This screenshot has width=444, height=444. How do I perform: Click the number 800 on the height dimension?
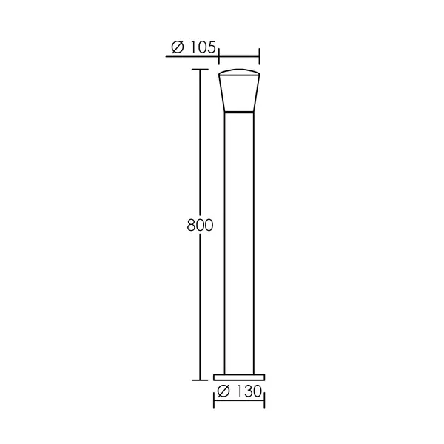click(x=200, y=226)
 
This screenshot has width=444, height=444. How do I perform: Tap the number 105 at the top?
click(x=203, y=47)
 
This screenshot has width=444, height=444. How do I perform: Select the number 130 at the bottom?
click(x=249, y=391)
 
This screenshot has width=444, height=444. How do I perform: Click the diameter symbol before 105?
click(x=178, y=47)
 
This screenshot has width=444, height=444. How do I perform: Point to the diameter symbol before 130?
click(x=223, y=391)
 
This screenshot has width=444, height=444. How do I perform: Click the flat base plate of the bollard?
click(x=239, y=377)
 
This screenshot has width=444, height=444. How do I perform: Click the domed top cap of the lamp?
click(x=239, y=72)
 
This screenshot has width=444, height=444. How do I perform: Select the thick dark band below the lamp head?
click(x=239, y=112)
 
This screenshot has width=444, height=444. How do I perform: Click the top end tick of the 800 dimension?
click(x=200, y=69)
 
